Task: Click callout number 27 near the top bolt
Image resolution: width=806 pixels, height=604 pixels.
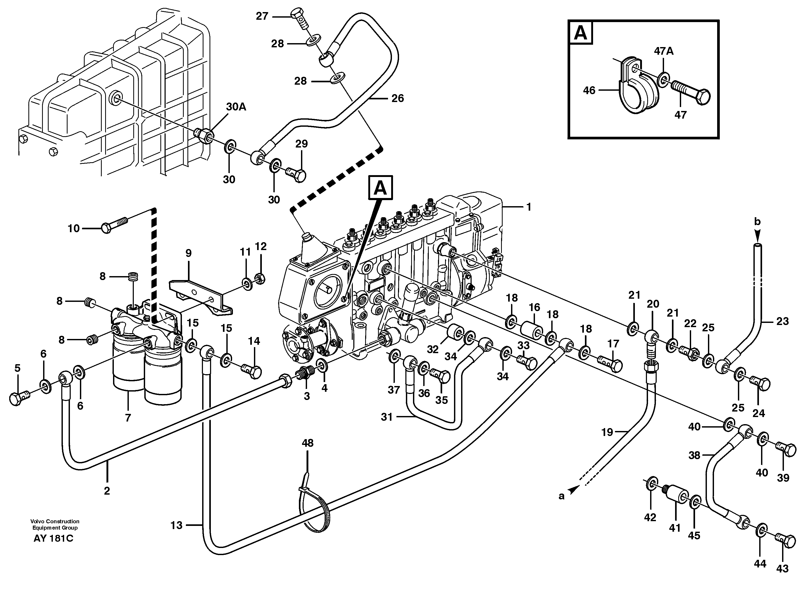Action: (262, 16)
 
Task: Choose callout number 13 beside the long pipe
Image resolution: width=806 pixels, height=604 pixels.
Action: (176, 525)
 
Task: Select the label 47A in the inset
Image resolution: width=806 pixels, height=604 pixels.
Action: (664, 51)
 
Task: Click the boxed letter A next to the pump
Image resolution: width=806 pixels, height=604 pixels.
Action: (380, 188)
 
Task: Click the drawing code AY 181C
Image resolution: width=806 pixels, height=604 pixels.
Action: (53, 538)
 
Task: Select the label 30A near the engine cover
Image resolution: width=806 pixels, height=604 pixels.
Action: (236, 107)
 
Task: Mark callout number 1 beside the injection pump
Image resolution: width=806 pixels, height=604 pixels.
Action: (528, 207)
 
